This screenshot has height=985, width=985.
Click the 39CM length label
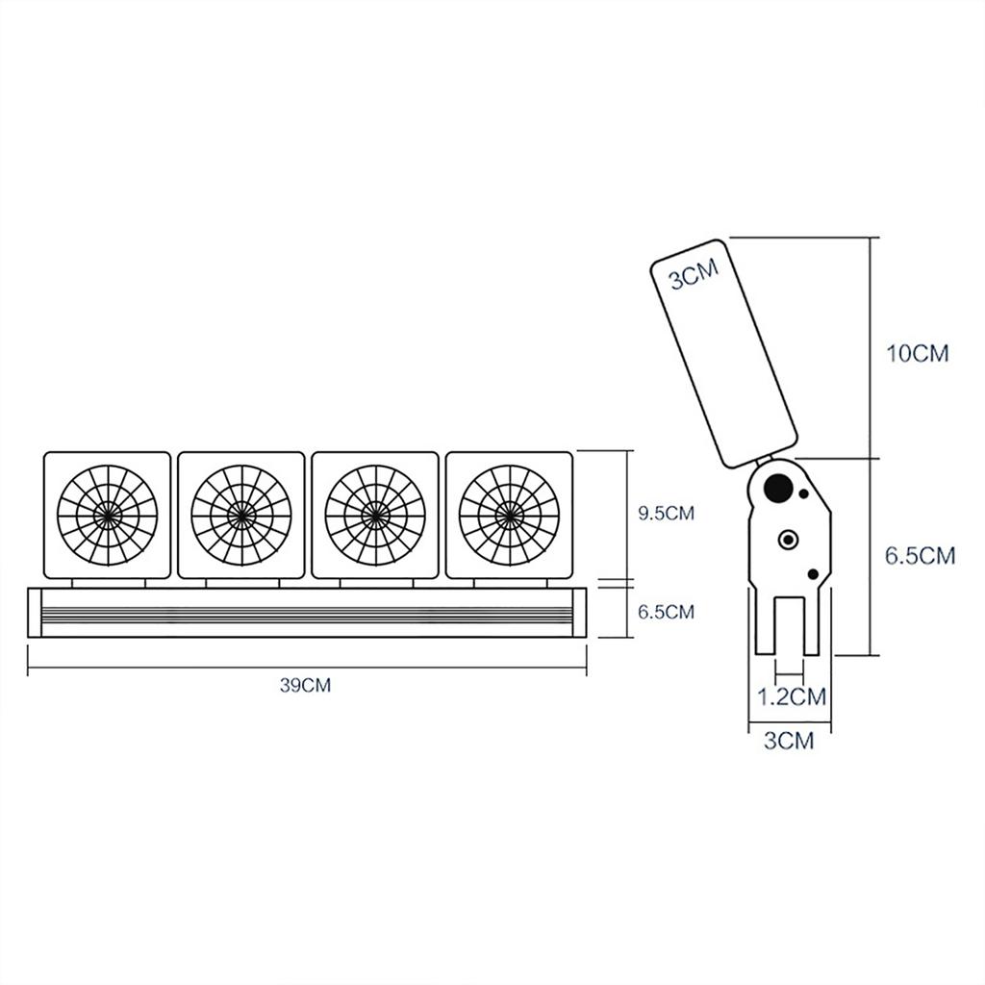[x=305, y=686]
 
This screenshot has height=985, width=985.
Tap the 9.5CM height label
[x=666, y=513]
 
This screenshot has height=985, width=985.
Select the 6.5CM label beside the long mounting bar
[x=666, y=612]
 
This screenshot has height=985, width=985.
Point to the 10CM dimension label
[x=917, y=353]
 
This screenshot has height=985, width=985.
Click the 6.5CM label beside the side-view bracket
[x=921, y=555]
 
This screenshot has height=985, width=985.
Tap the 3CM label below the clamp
[x=789, y=741]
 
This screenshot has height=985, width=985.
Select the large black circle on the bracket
[x=775, y=490]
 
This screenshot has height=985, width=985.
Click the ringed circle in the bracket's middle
[x=790, y=539]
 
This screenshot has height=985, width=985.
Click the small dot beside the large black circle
[x=804, y=496]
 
